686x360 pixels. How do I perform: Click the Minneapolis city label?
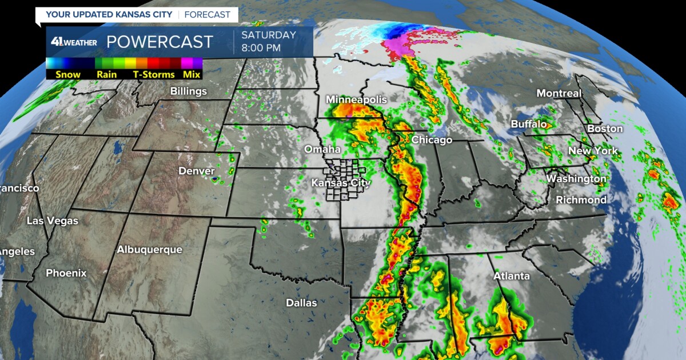356,100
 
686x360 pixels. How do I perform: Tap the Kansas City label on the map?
341,183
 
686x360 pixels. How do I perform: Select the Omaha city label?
322,150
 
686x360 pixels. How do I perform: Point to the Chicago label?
432,140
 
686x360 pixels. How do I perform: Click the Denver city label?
197,171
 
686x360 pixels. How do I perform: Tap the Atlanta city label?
511,276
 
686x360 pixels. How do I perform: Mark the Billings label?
188,91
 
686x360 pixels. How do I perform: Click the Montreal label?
559,93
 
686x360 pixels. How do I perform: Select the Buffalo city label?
528,124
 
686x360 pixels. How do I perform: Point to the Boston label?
605,129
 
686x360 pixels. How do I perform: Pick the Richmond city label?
581,200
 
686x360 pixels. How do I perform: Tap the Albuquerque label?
149,250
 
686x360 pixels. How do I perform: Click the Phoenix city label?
66,273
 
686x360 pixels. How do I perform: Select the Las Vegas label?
52,221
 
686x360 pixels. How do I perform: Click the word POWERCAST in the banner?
159,42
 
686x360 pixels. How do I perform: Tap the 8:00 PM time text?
261,48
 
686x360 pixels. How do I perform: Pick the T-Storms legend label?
154,74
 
